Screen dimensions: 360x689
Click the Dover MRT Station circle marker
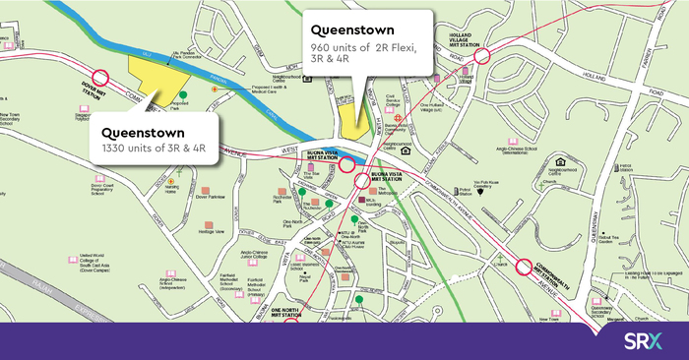pos(100,79)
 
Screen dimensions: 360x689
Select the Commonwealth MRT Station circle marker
pos(524,268)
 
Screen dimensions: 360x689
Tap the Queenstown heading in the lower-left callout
pos(145,131)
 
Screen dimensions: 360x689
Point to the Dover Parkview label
pos(209,197)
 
